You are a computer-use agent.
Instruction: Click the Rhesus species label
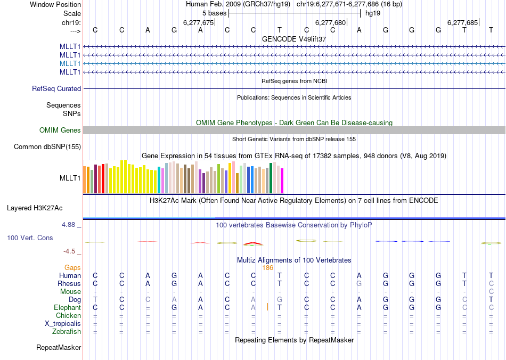click(70, 283)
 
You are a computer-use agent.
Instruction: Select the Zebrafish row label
click(67, 331)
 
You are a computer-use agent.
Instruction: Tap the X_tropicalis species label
click(63, 323)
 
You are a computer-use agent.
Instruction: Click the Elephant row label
click(67, 307)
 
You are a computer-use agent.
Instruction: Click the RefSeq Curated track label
click(56, 88)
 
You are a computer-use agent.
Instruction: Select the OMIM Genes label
click(60, 130)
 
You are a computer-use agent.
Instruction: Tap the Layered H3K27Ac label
click(38, 208)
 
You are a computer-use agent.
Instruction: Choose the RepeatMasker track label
click(59, 348)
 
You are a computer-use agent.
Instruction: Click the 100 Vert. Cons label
click(30, 238)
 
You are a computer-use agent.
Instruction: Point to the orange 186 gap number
click(267, 268)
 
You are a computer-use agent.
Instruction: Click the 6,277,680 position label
click(331, 22)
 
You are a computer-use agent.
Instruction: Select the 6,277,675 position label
click(198, 22)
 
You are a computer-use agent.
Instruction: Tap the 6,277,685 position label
click(463, 22)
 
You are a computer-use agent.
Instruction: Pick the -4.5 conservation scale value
click(70, 251)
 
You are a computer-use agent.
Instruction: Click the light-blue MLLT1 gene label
click(70, 63)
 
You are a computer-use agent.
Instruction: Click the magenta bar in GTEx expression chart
click(282, 181)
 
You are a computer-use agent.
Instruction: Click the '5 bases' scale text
click(214, 13)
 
